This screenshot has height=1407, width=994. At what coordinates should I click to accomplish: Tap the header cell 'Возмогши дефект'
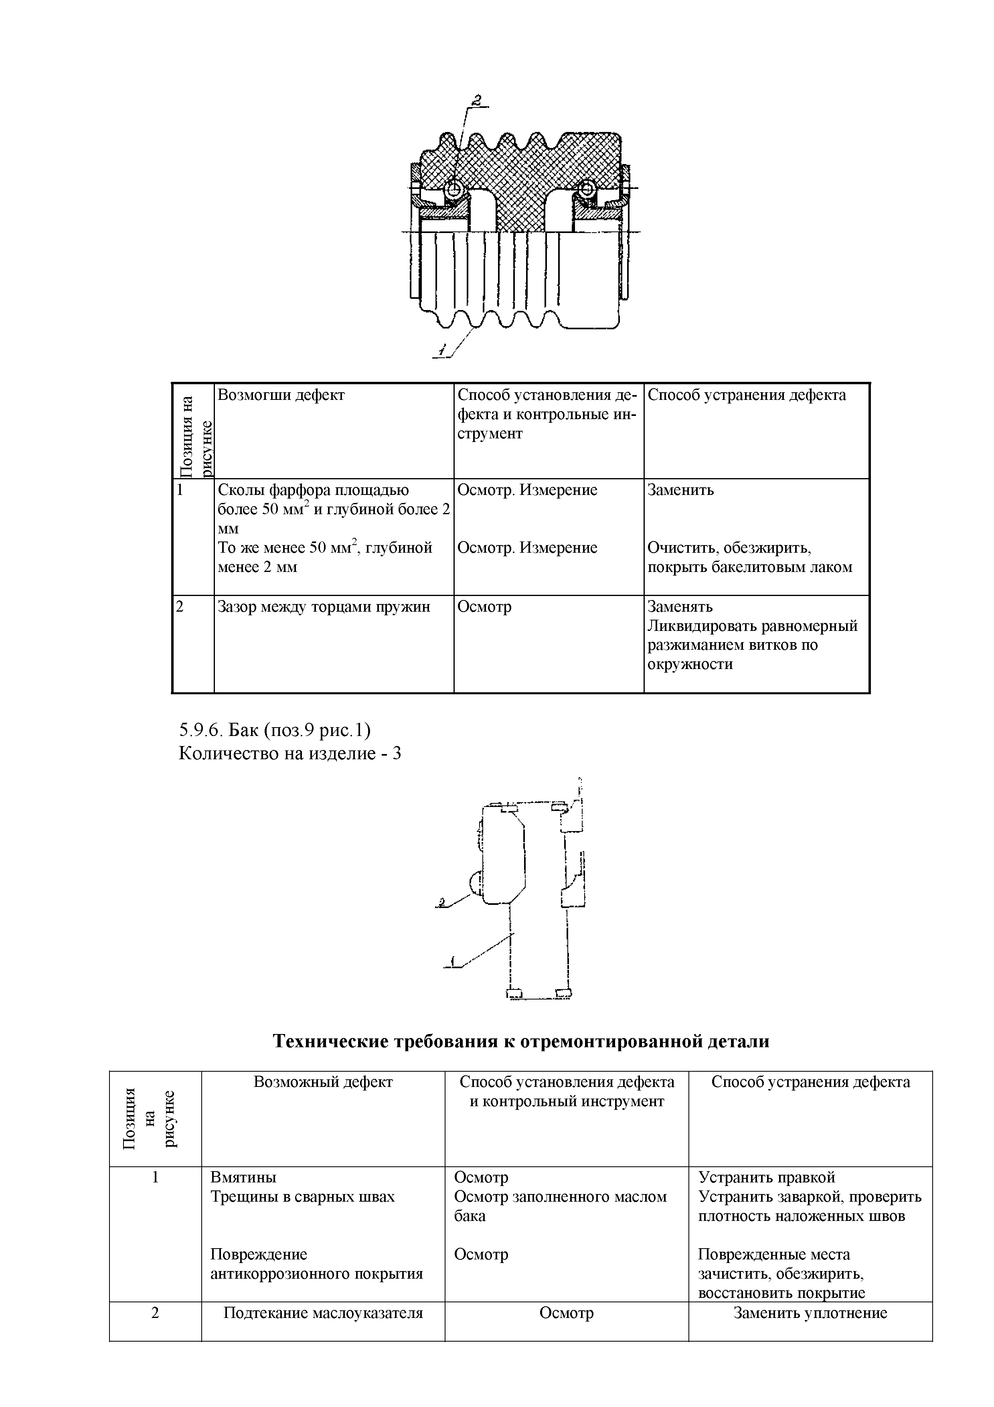click(x=281, y=395)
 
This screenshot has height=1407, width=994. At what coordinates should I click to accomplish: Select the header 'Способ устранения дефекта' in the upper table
click(x=747, y=395)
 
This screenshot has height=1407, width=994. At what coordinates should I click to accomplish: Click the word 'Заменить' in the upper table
click(x=680, y=490)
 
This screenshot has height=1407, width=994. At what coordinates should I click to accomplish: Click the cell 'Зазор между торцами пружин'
click(x=324, y=607)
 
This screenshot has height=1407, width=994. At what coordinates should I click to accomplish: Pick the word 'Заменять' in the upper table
click(x=680, y=607)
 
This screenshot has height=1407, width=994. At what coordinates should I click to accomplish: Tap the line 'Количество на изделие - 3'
click(x=289, y=753)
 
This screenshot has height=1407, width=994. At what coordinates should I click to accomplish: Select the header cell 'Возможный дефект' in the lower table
click(x=323, y=1082)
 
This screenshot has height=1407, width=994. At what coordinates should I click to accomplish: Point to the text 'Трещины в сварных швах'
click(x=303, y=1197)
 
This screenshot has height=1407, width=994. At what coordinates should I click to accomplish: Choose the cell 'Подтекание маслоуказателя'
click(x=323, y=1313)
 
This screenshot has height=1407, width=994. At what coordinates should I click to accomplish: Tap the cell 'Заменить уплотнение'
click(x=810, y=1313)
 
